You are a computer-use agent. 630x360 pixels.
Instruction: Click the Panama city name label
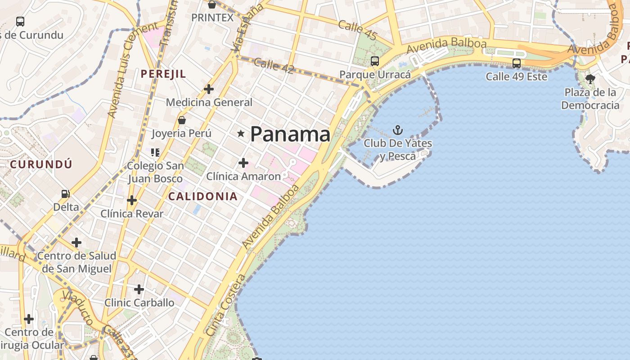click(x=290, y=134)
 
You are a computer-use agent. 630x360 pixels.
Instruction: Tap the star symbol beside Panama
click(x=241, y=133)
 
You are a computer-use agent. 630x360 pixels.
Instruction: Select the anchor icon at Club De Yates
click(x=397, y=130)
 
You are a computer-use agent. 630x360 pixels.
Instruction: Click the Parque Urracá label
click(x=375, y=74)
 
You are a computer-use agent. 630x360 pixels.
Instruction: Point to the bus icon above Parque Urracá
click(x=374, y=61)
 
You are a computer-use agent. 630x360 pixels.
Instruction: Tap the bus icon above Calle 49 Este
click(x=516, y=63)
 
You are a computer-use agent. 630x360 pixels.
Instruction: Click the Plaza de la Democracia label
click(x=590, y=99)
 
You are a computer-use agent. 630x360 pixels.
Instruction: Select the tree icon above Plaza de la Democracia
click(x=590, y=79)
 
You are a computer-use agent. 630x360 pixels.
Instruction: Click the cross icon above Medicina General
click(x=208, y=89)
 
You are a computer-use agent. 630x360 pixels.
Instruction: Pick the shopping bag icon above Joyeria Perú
click(x=182, y=120)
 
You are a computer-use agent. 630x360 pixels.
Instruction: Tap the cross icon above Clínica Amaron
click(x=243, y=162)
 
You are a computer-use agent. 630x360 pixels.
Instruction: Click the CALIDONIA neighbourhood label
click(x=203, y=196)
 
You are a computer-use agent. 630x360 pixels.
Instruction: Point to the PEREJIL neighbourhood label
click(x=163, y=74)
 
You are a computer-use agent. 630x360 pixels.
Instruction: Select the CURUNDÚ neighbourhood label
click(x=41, y=164)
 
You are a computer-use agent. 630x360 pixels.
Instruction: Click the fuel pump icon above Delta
click(x=66, y=194)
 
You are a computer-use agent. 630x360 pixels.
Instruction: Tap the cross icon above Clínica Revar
click(x=131, y=200)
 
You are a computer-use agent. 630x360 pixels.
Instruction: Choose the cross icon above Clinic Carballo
click(x=139, y=289)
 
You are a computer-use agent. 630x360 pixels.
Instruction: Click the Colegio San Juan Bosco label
click(x=155, y=172)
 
